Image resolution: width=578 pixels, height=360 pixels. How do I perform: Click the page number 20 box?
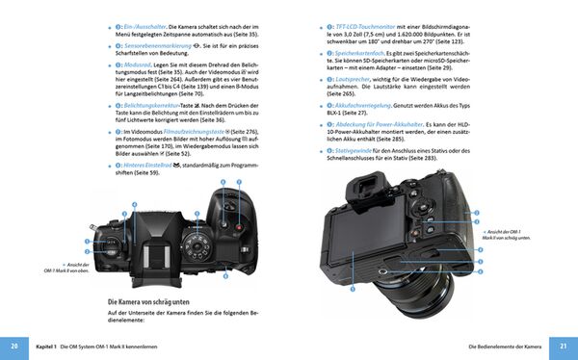click(x=13, y=346)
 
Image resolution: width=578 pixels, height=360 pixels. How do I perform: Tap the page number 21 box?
click(x=565, y=346)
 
